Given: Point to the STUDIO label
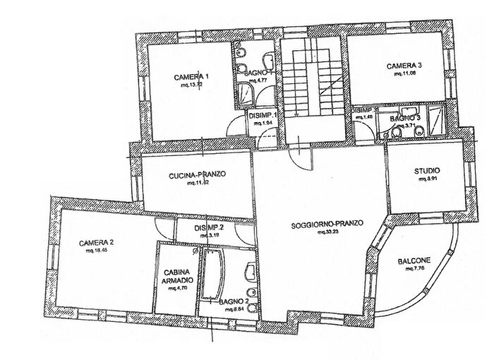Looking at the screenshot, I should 428,171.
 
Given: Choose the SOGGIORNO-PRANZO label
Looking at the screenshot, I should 327,224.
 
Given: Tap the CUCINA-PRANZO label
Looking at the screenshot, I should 186,174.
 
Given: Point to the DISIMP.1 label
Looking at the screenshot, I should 260,115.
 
